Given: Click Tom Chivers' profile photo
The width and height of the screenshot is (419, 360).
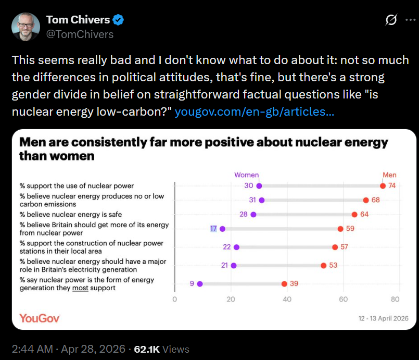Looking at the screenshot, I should tap(26, 27).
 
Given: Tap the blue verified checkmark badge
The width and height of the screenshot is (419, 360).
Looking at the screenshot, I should tap(119, 20).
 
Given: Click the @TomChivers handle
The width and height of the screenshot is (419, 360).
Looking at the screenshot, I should tap(80, 34).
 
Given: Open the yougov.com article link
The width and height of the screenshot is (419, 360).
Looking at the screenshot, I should tap(255, 111).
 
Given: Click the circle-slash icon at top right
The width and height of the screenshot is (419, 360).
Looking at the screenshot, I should tap(390, 20).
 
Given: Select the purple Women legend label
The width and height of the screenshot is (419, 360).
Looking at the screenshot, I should tap(246, 175).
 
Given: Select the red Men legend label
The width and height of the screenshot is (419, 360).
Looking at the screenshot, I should tap(389, 175).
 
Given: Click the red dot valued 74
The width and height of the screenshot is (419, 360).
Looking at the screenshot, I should tap(383, 186).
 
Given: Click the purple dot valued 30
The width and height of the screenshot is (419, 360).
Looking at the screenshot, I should tap(259, 186).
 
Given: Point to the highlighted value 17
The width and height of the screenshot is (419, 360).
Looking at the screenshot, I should tap(213, 229).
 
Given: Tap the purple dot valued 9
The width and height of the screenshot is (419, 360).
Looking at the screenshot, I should tap(200, 284).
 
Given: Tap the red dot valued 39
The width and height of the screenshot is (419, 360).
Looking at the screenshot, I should tap(284, 284).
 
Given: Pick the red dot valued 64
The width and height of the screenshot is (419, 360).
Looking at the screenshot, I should tap(354, 215).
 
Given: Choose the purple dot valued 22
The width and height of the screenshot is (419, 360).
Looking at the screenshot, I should tap(236, 247).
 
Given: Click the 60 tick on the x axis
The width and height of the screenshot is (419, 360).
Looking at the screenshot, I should tap(343, 300).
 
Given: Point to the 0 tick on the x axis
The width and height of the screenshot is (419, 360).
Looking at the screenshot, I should tap(174, 300).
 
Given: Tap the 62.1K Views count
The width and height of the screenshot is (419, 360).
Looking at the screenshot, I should tap(161, 349).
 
